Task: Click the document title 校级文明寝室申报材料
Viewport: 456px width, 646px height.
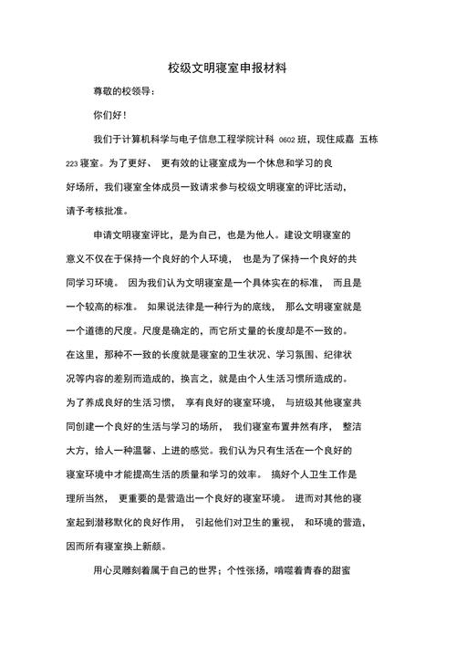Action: coord(227,68)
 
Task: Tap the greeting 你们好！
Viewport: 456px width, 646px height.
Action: coord(110,116)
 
